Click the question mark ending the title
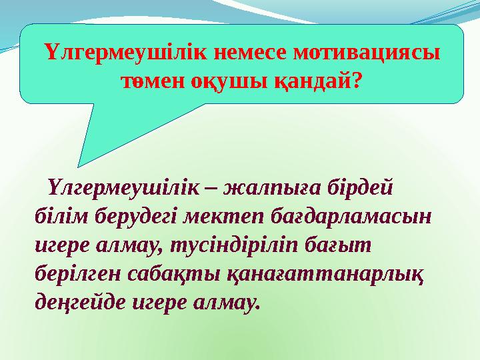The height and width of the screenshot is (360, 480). click(357, 81)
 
